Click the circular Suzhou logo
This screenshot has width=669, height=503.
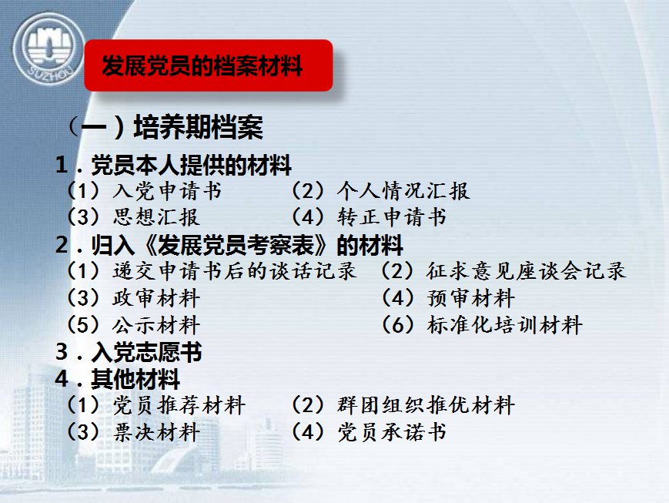[x=48, y=49]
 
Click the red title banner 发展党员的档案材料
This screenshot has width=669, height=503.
[x=208, y=65]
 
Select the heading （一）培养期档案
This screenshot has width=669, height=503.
[x=165, y=127]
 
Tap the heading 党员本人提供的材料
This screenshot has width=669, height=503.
[x=173, y=165]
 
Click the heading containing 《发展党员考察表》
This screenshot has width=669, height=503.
[x=229, y=245]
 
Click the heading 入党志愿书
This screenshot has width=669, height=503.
[x=129, y=352]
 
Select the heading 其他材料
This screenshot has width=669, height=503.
[x=117, y=379]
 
